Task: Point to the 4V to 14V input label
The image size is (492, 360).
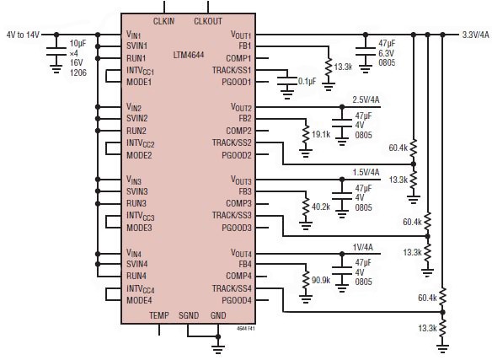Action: click(23, 35)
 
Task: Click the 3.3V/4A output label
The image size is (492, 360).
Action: click(473, 35)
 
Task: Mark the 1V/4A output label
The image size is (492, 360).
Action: click(365, 245)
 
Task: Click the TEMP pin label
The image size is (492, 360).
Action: click(159, 315)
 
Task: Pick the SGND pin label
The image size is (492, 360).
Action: click(189, 315)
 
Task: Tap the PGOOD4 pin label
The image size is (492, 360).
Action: click(236, 300)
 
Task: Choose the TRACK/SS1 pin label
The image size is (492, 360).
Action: click(233, 70)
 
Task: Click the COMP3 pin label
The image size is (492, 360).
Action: click(239, 203)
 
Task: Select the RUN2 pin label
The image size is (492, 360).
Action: click(136, 131)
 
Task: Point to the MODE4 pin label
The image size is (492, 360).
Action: click(139, 300)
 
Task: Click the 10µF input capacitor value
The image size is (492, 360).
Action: click(78, 42)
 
